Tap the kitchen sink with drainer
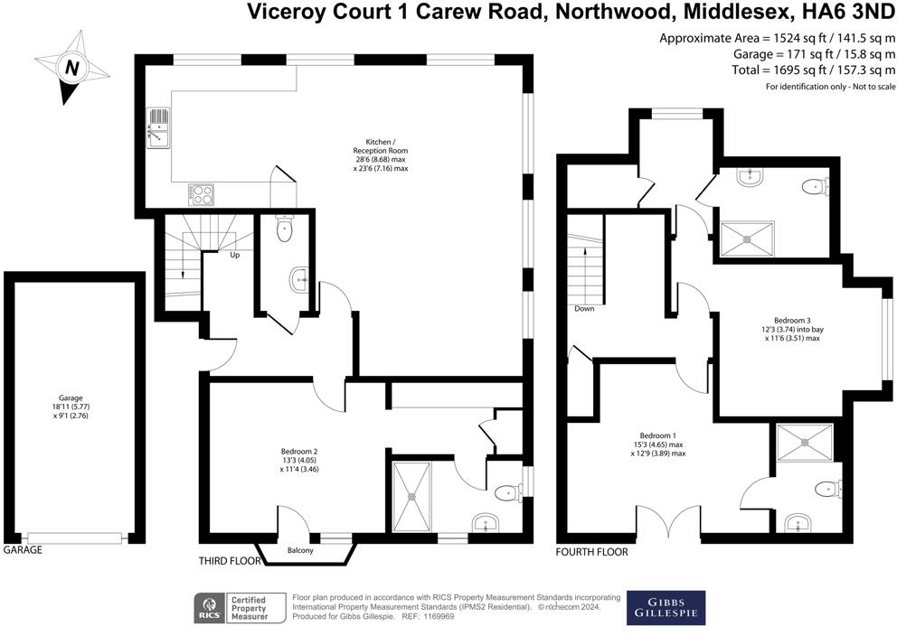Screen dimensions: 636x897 157,129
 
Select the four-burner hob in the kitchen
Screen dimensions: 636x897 200,193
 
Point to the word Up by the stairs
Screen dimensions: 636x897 234,255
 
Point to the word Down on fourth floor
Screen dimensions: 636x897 583,308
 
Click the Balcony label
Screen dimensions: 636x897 300,550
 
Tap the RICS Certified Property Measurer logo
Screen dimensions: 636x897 232,607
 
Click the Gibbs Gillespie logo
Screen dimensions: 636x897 666,607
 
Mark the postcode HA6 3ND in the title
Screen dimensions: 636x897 846,13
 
